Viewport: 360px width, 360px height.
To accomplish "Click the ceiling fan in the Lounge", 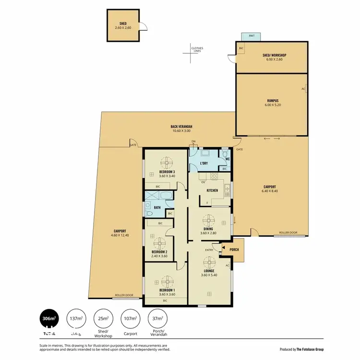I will (x=209, y=262).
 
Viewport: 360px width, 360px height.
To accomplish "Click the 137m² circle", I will (x=76, y=318).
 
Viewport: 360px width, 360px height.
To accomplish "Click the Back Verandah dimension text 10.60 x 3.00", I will (x=181, y=131).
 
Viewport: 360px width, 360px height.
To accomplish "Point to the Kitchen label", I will (x=212, y=191).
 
